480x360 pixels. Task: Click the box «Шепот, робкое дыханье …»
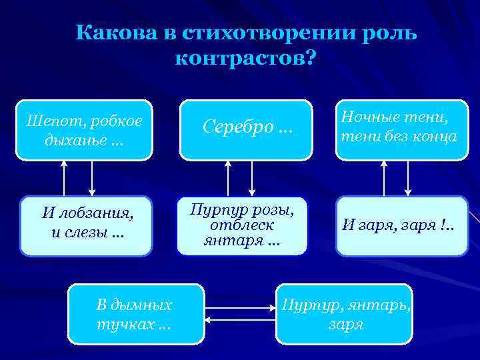[x=85, y=131]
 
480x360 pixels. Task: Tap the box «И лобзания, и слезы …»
[x=87, y=225]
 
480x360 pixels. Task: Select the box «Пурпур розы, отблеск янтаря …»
[x=242, y=225]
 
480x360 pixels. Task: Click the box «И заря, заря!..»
[x=402, y=225]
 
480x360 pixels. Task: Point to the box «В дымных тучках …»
[x=135, y=314]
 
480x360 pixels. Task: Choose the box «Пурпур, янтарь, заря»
[x=345, y=314]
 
